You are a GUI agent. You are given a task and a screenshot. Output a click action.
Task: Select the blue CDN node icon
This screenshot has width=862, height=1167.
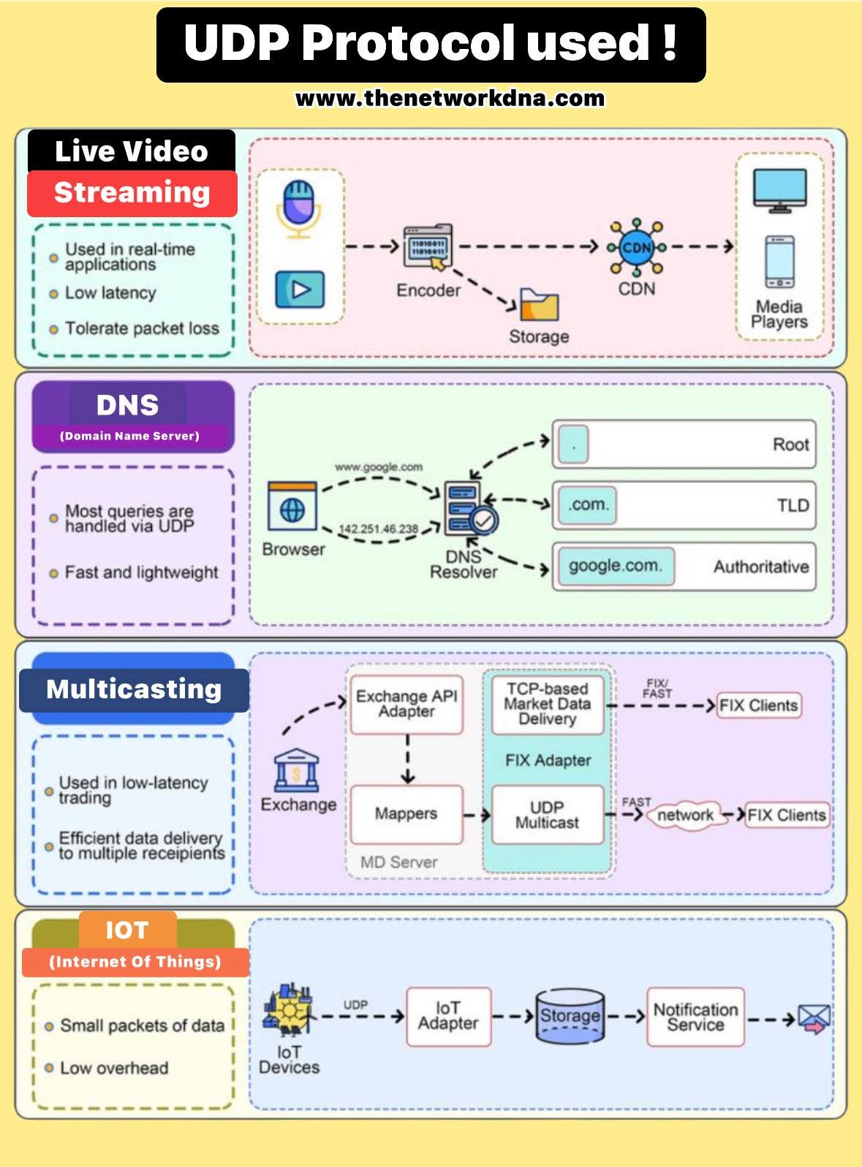click(x=636, y=247)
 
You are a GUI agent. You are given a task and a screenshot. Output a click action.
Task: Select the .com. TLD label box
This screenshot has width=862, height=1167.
click(x=588, y=505)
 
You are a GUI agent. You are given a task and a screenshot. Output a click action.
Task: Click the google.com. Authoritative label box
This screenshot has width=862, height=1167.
click(x=615, y=566)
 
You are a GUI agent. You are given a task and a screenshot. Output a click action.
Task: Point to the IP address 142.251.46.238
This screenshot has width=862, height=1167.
click(x=378, y=529)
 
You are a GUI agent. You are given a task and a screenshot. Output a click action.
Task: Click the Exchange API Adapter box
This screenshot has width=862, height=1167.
click(x=407, y=704)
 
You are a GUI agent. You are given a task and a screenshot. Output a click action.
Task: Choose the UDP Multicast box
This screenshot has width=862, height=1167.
click(x=547, y=815)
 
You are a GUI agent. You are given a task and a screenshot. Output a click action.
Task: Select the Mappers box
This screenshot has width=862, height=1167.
click(x=407, y=814)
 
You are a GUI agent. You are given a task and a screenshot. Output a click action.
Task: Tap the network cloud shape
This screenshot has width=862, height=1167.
click(x=685, y=815)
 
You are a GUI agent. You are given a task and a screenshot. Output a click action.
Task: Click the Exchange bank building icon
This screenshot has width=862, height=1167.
click(x=297, y=771)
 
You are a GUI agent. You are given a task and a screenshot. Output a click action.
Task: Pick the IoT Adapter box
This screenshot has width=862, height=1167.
click(x=448, y=1016)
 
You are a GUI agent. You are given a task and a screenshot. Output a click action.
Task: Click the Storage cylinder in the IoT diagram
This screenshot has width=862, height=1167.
click(x=570, y=1016)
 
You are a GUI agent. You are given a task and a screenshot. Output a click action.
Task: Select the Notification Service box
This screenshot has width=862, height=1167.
click(x=695, y=1016)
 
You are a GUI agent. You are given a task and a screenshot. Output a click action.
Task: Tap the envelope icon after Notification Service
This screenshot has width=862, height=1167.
click(x=814, y=1018)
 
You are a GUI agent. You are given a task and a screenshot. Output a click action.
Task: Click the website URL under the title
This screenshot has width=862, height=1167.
click(x=450, y=98)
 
